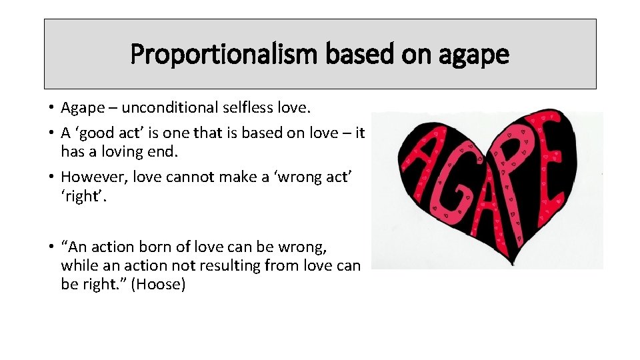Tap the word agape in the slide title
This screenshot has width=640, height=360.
tap(473, 55)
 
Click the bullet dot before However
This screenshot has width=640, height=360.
tap(51, 177)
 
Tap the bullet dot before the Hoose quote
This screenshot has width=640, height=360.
tap(51, 247)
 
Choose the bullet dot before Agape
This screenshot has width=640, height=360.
tap(51, 108)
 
